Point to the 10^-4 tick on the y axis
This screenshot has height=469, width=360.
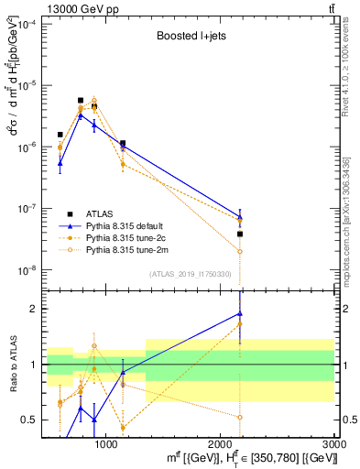pos(28,23)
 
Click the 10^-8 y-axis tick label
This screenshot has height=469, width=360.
pos(28,270)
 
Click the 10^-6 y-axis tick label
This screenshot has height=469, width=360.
pos(28,147)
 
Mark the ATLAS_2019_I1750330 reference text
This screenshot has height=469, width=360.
pos(189,274)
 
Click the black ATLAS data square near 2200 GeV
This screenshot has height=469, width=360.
pos(240,234)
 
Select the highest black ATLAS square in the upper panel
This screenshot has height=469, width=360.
pos(81,101)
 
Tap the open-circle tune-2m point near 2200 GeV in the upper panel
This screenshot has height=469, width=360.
pos(240,251)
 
